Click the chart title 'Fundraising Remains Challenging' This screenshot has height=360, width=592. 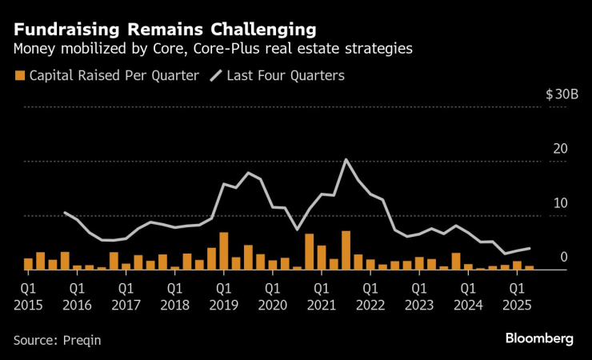tap(164, 30)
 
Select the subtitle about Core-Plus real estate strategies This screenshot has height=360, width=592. tap(212, 49)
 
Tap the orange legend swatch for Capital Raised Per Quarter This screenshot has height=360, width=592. tap(19, 77)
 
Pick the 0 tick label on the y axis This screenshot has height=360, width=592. tap(564, 258)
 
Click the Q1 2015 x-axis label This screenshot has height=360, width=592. tap(28, 294)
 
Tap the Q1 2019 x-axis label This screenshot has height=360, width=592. tap(223, 294)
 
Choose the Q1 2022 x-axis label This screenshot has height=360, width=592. tap(370, 294)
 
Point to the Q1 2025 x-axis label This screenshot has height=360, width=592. tap(517, 294)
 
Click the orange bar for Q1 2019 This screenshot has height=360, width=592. tap(224, 251)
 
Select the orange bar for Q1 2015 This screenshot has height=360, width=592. tap(28, 264)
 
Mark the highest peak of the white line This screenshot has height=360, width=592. tap(346, 160)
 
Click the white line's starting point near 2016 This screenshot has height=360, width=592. tap(65, 213)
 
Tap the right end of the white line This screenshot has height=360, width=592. tap(529, 249)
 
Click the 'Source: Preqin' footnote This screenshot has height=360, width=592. tap(57, 339)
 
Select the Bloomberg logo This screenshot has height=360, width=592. tap(539, 338)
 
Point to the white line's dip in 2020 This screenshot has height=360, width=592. tap(297, 230)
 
